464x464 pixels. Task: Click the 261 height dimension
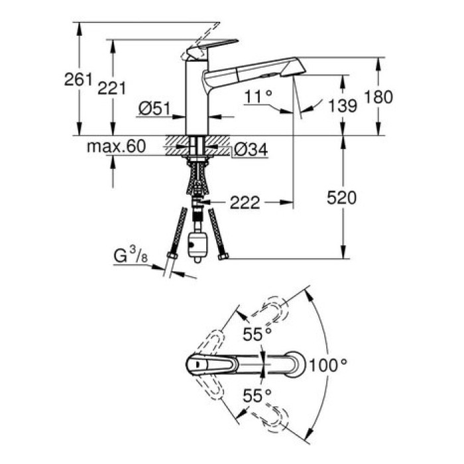click(x=78, y=80)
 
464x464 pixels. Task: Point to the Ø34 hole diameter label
click(x=251, y=150)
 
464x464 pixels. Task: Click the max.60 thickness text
click(x=115, y=146)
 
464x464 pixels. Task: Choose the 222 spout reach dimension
click(x=244, y=201)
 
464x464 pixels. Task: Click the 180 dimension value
click(x=378, y=97)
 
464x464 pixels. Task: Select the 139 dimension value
click(x=342, y=104)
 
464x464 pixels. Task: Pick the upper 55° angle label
click(x=257, y=334)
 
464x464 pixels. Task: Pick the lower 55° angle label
click(x=257, y=395)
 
